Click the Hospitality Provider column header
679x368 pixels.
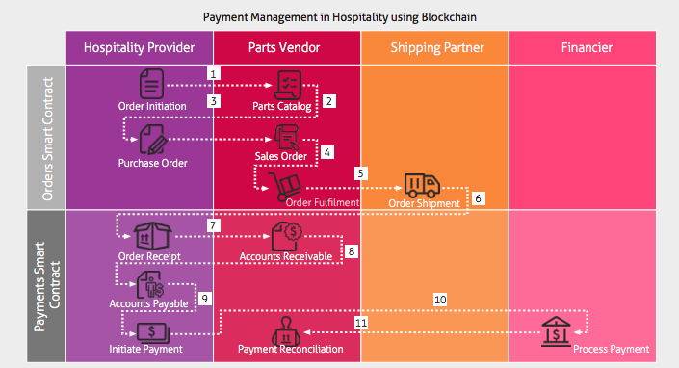point(139,47)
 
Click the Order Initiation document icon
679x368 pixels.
point(150,85)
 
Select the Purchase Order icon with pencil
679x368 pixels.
point(151,140)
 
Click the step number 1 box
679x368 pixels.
point(215,73)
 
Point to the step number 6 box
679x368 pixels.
point(479,197)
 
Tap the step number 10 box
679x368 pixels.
point(440,300)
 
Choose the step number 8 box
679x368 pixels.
point(352,251)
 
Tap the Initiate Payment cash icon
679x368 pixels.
point(150,332)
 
